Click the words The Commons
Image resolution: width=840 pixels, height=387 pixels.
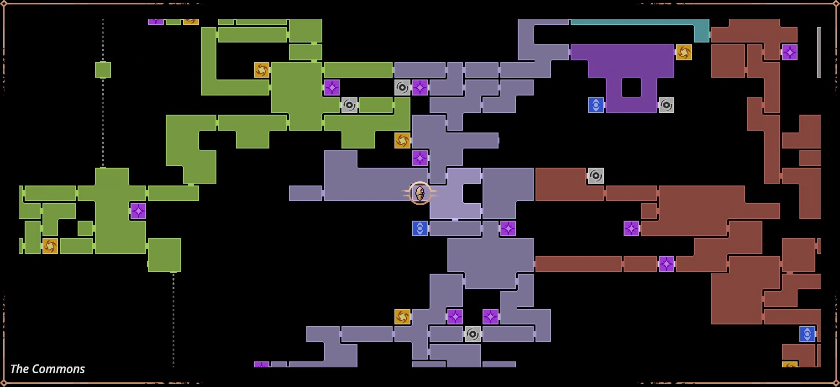(47, 369)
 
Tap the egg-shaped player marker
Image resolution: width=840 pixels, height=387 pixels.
(420, 193)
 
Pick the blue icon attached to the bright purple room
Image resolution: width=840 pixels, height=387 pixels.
(596, 105)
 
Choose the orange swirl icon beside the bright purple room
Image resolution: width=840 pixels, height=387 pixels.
(684, 52)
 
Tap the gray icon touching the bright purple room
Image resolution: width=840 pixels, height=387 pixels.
(666, 105)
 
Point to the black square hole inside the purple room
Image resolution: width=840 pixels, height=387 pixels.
(631, 87)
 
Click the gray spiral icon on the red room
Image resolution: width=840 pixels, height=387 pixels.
(596, 175)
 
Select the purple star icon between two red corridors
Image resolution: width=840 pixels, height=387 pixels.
(666, 264)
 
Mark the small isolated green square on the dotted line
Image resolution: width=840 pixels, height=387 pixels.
(103, 70)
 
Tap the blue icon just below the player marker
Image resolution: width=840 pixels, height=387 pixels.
(420, 228)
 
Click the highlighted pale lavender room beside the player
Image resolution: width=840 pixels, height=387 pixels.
(455, 193)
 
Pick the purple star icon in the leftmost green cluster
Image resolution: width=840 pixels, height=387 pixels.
(138, 211)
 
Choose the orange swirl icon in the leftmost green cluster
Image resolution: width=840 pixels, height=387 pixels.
(50, 246)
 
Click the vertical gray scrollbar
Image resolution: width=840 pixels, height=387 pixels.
(819, 52)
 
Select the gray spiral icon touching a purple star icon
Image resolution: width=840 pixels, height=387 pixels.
(402, 87)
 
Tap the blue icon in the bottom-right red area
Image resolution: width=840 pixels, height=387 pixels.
(807, 334)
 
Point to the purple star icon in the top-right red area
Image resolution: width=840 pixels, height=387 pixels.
(790, 52)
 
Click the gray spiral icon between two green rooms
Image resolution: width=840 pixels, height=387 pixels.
(349, 105)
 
